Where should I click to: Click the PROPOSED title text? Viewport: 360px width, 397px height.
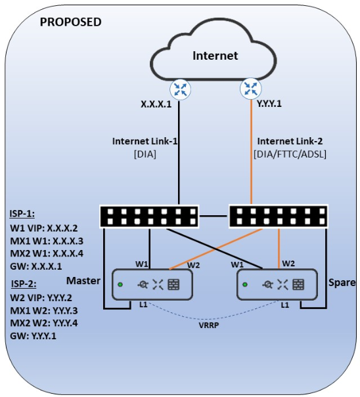pos(71,22)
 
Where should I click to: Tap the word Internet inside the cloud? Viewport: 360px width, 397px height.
pos(215,56)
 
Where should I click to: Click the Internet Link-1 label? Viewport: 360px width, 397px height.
pos(145,141)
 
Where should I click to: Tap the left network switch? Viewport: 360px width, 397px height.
pos(148,216)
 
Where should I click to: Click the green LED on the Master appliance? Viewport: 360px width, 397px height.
pos(121,285)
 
